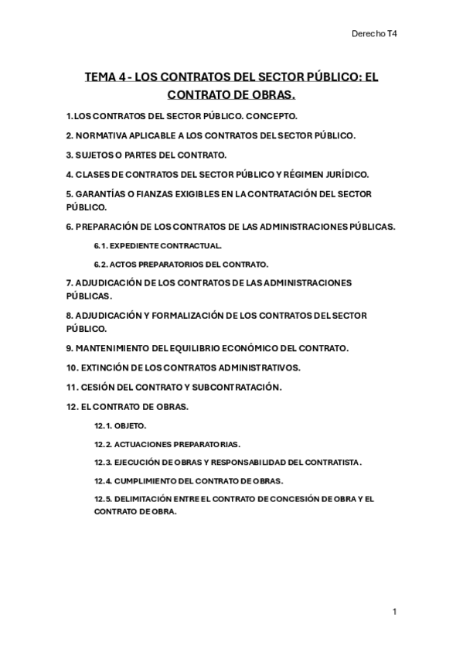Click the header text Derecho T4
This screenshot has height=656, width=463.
[374, 34]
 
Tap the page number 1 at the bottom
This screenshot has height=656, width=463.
[394, 612]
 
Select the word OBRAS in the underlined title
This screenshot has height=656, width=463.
[273, 95]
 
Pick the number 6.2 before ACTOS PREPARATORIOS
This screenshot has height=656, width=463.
[100, 264]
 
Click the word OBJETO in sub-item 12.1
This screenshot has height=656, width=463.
[131, 425]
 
